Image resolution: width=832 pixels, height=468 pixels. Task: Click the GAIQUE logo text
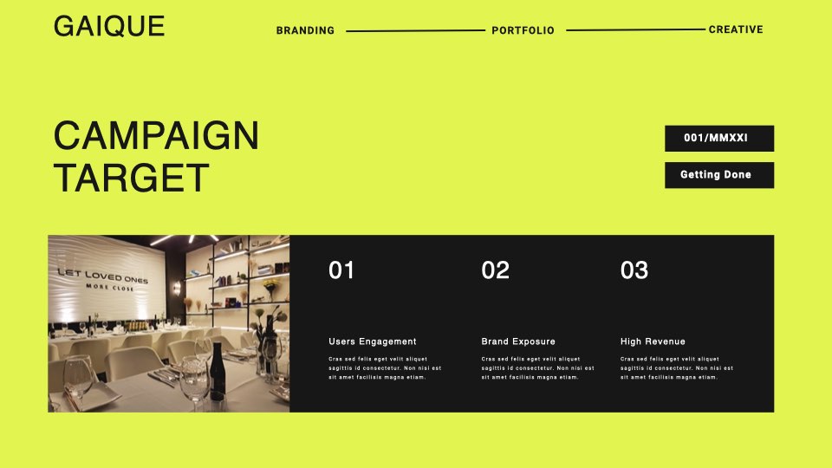coord(109,26)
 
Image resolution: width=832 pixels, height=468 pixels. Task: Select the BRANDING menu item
coord(305,31)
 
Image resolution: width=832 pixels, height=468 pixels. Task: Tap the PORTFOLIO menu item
coord(523,31)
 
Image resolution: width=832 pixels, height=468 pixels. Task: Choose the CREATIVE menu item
coord(736,29)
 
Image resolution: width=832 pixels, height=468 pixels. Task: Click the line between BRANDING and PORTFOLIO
coord(415,31)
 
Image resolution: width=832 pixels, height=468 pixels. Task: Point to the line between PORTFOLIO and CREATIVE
coord(635,29)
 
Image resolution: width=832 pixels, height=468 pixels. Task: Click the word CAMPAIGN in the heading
coord(157,136)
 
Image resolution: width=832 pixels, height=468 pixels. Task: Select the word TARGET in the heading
coord(132,178)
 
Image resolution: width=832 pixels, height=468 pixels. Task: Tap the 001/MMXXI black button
coord(719,139)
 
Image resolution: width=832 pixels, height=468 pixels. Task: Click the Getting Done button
coord(719,175)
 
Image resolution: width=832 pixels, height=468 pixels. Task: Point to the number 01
coord(341,270)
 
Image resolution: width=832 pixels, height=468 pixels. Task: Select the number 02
coord(495,270)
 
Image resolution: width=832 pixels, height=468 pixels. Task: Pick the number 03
coord(634,270)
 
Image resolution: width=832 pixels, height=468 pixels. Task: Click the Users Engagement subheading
coord(373,341)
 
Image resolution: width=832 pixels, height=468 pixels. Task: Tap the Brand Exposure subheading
coord(518,341)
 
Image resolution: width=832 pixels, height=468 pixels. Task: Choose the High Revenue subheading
coord(653,341)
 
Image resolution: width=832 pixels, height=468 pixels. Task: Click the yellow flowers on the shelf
coord(271,285)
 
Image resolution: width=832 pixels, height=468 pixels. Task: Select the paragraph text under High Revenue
coord(677,368)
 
